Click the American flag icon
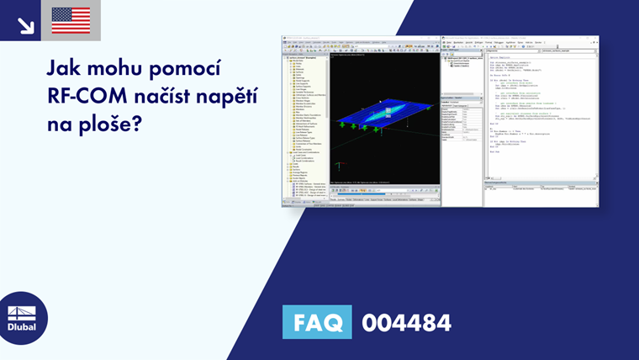point(71,20)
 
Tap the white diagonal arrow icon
point(26,24)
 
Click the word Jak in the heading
point(66,67)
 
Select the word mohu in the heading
point(120,67)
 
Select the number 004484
point(407,322)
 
